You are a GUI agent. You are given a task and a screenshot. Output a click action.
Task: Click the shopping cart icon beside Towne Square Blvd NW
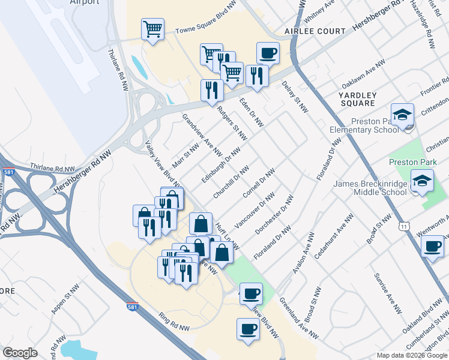coord(153,29)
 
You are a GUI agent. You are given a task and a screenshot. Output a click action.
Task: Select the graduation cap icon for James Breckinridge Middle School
coord(422,181)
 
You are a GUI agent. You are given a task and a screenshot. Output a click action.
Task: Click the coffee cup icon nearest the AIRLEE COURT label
coord(268,53)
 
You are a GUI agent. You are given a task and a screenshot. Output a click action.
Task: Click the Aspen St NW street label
coord(61,301)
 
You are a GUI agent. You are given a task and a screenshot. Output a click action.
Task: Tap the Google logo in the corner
coord(20,353)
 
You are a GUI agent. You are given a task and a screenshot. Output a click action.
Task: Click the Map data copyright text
coord(412,355)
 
